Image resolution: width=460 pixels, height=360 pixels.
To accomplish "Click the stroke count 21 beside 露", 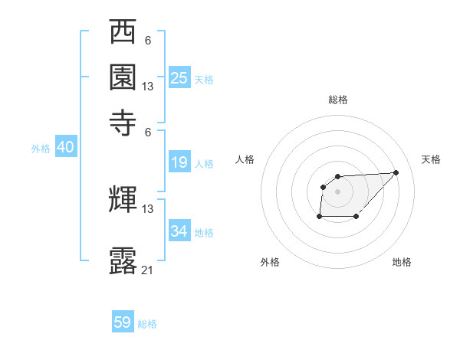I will click(x=148, y=270).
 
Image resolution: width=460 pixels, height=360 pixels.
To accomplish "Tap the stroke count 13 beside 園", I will click(x=148, y=87).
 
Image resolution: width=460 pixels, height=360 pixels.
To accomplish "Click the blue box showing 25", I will click(x=179, y=78).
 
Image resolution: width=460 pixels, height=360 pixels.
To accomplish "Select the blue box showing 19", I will click(x=179, y=162).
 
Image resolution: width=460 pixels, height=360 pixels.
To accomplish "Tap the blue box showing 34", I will click(x=179, y=231).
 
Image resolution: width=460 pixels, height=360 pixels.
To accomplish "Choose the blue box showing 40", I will click(x=65, y=148).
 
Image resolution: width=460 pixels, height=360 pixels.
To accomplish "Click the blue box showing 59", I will click(x=123, y=322).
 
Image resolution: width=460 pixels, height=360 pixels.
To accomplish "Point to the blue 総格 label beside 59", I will click(x=148, y=324).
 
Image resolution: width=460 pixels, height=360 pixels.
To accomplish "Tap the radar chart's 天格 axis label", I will click(x=431, y=159).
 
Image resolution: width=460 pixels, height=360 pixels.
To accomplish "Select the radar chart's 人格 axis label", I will click(x=245, y=159).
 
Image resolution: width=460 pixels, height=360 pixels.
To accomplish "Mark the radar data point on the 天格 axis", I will click(x=396, y=172).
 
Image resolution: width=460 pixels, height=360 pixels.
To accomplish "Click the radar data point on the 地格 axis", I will click(x=356, y=217).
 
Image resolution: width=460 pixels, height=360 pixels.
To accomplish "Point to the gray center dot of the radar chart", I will click(x=337, y=191).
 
